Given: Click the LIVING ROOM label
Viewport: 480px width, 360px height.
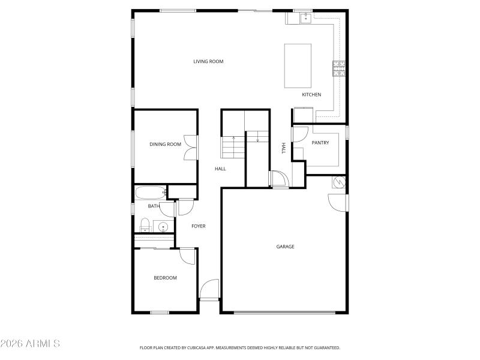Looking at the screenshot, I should pos(208,61).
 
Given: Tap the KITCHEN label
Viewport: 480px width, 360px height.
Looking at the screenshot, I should pos(311,95).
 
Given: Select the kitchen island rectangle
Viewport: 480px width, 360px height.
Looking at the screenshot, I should pos(298,66).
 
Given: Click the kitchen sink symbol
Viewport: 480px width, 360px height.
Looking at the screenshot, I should pos(305,18).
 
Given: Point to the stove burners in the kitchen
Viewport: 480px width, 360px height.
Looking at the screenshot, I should pos(339,68).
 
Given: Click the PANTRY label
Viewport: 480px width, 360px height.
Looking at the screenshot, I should pos(320,143).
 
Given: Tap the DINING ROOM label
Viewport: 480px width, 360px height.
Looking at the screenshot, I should pos(165,144).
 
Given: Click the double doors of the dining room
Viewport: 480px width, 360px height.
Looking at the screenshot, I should pos(190,147).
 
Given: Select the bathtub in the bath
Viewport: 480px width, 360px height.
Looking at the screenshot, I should pos(150,193).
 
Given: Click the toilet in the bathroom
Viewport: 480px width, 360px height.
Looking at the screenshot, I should pos(144,226).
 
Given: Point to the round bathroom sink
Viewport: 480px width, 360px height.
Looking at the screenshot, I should pos(163,226).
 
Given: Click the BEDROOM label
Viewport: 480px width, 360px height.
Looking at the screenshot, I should pos(165,278).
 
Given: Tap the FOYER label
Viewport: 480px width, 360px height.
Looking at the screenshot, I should pos(199,226).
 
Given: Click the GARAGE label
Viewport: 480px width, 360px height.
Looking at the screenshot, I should pos(285,247).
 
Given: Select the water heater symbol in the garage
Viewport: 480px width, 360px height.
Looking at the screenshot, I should pos(339,181).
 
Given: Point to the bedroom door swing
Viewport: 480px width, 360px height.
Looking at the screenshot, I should pos(188,256).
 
